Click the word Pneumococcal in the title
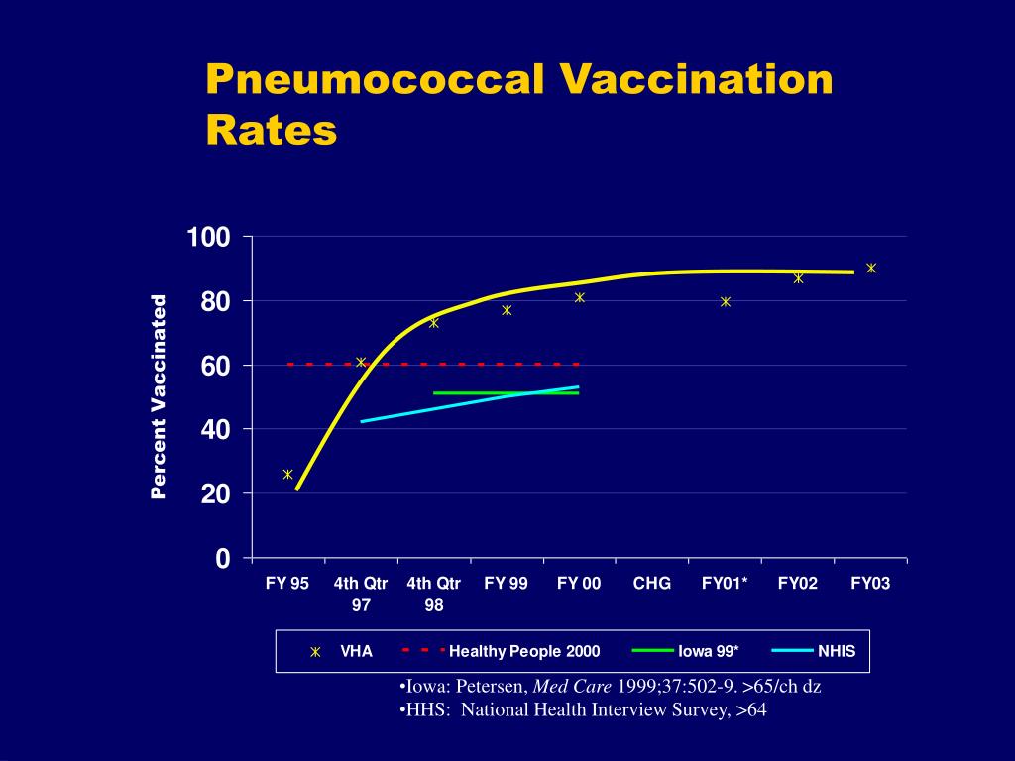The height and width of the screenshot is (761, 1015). click(375, 80)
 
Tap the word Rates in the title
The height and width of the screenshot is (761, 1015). click(272, 130)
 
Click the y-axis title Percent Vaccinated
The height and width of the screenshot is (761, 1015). click(159, 397)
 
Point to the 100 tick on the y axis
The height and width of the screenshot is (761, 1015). click(208, 237)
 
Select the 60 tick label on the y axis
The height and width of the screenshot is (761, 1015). click(215, 366)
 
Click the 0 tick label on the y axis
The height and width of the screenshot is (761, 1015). click(223, 558)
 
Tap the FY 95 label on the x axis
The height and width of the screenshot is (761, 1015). click(287, 583)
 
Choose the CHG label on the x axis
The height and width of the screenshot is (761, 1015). click(652, 583)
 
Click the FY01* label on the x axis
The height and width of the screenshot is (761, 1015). click(725, 583)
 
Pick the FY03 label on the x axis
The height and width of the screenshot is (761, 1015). click(870, 583)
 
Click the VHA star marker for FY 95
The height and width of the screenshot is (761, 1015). click(288, 475)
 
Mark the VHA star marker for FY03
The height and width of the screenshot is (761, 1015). click(871, 268)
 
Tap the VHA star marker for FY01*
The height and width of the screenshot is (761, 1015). click(726, 301)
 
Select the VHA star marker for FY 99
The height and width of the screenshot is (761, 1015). click(507, 310)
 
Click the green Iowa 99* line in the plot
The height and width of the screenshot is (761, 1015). click(507, 392)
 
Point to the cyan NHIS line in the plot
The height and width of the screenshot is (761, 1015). click(470, 404)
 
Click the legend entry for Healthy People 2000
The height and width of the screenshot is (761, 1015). click(501, 651)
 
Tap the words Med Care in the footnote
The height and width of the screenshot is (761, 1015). click(572, 686)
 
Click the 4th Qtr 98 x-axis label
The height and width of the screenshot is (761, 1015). click(434, 595)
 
